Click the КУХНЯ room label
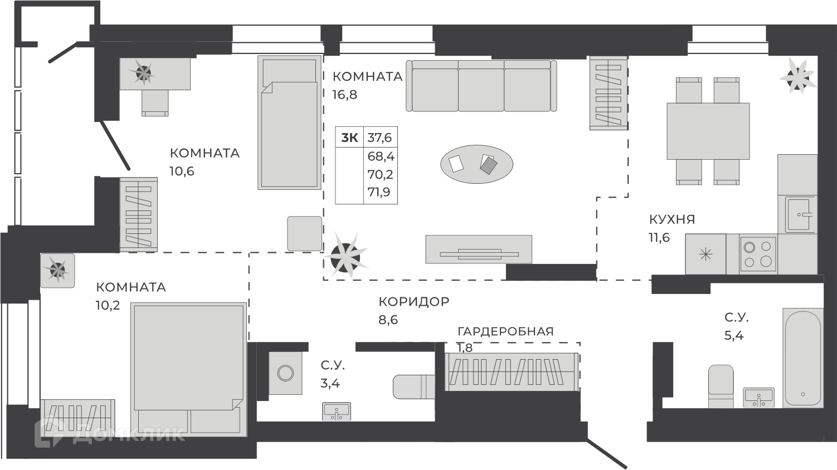coord(672,219)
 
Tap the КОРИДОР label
coord(413,302)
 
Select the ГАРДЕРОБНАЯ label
coord(505,331)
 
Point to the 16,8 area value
coord(344,95)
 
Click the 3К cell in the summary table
coord(349,138)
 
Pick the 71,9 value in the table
coord(379,192)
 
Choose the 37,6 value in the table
coord(379,138)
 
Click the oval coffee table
coord(477,164)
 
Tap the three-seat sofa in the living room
coord(481,86)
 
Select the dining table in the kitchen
coord(708,131)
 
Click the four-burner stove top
coord(758,254)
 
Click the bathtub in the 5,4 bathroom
coord(803,358)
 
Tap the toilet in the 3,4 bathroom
coord(414,386)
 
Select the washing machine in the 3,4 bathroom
coord(285,373)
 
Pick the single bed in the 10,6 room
coord(290,123)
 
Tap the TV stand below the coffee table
coord(479,249)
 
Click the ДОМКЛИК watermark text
coord(129,434)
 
